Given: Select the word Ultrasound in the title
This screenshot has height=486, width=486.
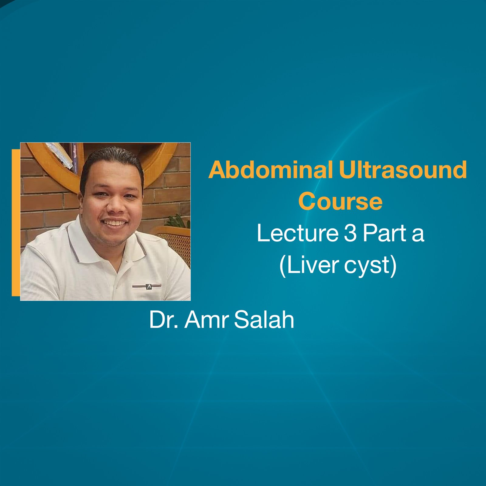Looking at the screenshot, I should click(403, 170).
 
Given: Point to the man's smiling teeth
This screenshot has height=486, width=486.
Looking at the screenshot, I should click(115, 223).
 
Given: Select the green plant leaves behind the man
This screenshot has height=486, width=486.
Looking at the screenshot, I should click(179, 221).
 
